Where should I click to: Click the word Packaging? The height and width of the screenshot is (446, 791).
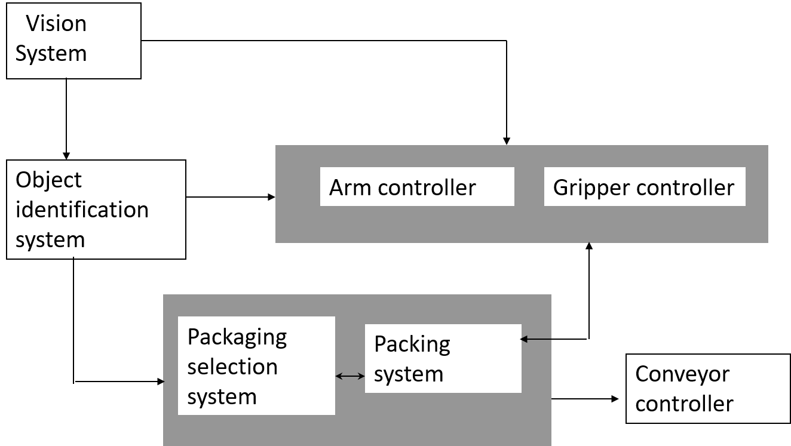[x=237, y=338]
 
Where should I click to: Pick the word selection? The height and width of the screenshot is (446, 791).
[x=232, y=367]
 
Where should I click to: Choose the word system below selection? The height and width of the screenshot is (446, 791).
[x=222, y=396]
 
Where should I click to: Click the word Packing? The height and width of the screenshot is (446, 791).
[x=412, y=345]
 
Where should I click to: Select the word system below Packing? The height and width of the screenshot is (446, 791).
[x=409, y=374]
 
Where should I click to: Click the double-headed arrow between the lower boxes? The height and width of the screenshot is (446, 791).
[x=350, y=376]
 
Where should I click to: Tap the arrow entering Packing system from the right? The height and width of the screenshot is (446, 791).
[x=536, y=339]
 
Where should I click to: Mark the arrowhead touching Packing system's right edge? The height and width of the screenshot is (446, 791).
[x=524, y=339]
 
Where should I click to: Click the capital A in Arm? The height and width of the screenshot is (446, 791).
[x=336, y=187]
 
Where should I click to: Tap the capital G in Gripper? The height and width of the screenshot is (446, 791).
[x=560, y=187]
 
